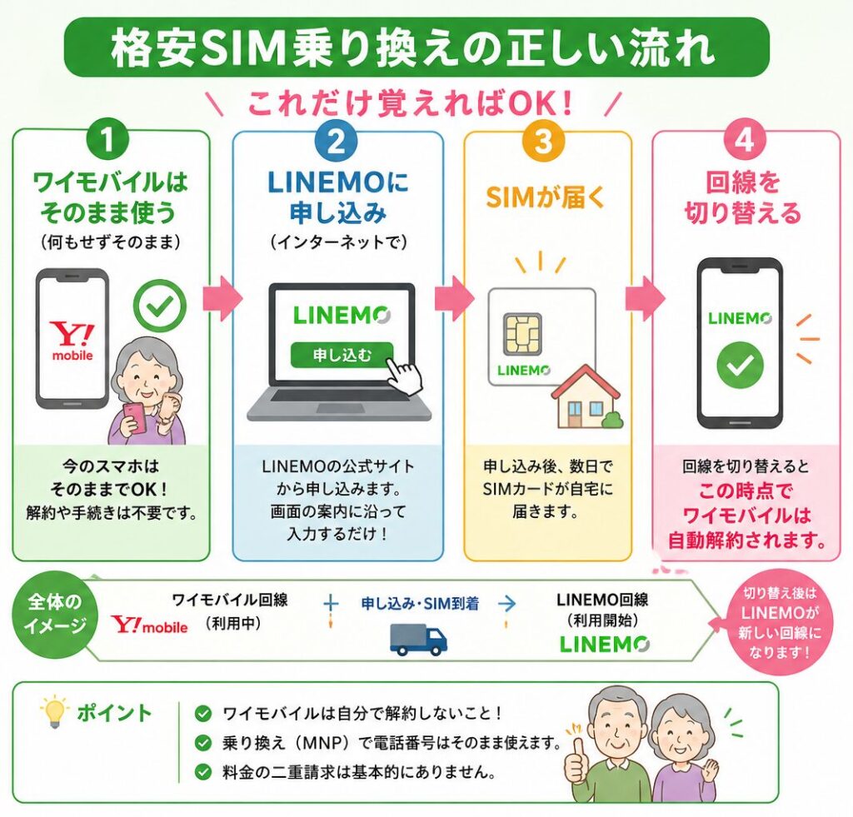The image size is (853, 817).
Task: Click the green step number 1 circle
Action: pos(107,139)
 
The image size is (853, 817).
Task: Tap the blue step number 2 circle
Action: pos(337,141)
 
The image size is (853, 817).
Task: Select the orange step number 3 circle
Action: pos(543,141)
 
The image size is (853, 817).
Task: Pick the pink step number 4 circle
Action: pos(744,141)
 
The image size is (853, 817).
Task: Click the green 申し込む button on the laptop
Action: pos(342,355)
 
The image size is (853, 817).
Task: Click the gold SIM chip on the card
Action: pos(522,332)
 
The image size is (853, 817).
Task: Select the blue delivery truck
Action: pos(418,639)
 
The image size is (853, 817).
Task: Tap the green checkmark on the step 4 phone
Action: pos(740,365)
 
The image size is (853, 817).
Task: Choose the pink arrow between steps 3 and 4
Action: pos(645,298)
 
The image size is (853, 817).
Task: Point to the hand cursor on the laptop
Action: pos(406,375)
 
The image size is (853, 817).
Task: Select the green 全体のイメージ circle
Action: pos(54,613)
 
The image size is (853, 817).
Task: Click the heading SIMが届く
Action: pos(545,197)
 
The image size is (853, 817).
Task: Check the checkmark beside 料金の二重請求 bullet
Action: pos(203,771)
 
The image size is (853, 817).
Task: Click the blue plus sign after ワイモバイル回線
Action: pos(330,603)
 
